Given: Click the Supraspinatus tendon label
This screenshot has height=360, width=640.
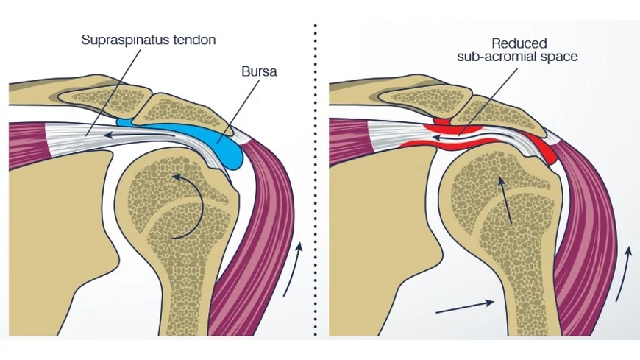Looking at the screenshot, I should click(149, 39).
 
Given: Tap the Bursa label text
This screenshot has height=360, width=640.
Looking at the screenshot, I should click(258, 73).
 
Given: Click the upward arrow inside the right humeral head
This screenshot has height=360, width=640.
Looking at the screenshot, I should click(505, 199).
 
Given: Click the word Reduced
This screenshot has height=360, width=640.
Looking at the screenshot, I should click(516, 43).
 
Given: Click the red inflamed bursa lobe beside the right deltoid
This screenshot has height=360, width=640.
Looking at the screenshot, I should click(545, 151).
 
